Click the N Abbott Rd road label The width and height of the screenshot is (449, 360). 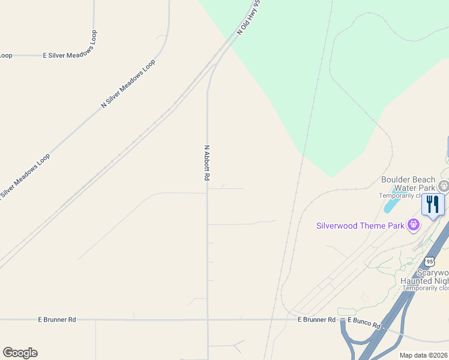pos(207,163)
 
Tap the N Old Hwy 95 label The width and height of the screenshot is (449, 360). pos(249,17)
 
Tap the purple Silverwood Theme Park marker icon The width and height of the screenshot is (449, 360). pos(413,225)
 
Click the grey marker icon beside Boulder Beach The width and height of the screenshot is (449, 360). pos(444,185)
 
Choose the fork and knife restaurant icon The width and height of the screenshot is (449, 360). pos(433,204)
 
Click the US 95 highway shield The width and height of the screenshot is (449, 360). pos(429,261)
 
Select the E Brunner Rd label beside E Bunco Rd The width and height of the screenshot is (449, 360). pos(316,320)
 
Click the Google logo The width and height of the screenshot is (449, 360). pos(20,353)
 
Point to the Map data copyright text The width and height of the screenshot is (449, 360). pos(423,355)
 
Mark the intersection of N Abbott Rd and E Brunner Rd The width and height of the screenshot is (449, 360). pos(208,320)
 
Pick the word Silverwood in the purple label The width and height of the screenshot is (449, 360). pos(337,226)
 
